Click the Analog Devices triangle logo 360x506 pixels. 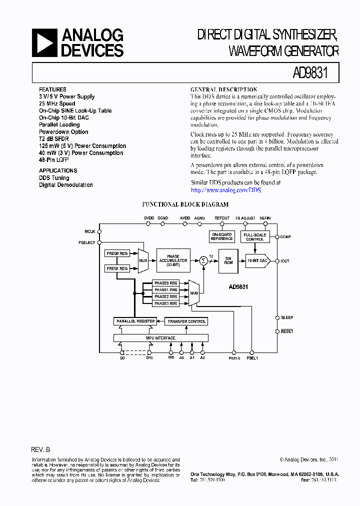pos(43,42)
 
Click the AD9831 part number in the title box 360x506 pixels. pos(309,72)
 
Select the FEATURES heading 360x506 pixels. pos(52,89)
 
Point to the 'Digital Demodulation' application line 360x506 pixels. pos(66,185)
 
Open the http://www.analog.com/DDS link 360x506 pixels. pos(226,190)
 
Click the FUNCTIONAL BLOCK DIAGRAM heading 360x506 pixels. pos(185,204)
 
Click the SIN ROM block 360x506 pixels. pos(228,260)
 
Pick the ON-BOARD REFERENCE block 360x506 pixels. pos(222,237)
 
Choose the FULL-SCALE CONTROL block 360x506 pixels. pos(255,237)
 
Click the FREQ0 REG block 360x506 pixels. pos(117,254)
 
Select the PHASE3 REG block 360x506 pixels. pos(166,303)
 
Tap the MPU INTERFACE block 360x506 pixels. pos(160,338)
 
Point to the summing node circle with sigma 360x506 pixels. pos(203,260)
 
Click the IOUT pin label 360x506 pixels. pos(285,261)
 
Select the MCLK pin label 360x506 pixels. pos(90,231)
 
